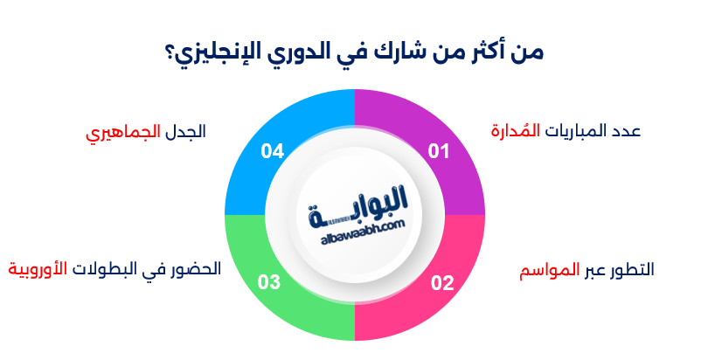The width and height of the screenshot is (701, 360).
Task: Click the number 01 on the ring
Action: point(438,152)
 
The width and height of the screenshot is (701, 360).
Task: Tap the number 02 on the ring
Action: point(442,282)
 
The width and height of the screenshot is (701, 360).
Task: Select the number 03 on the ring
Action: point(269,282)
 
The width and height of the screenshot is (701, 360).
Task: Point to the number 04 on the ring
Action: point(273,152)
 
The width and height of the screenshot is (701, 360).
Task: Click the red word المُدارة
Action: point(515,131)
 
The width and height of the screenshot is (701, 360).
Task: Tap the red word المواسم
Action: point(549,269)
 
